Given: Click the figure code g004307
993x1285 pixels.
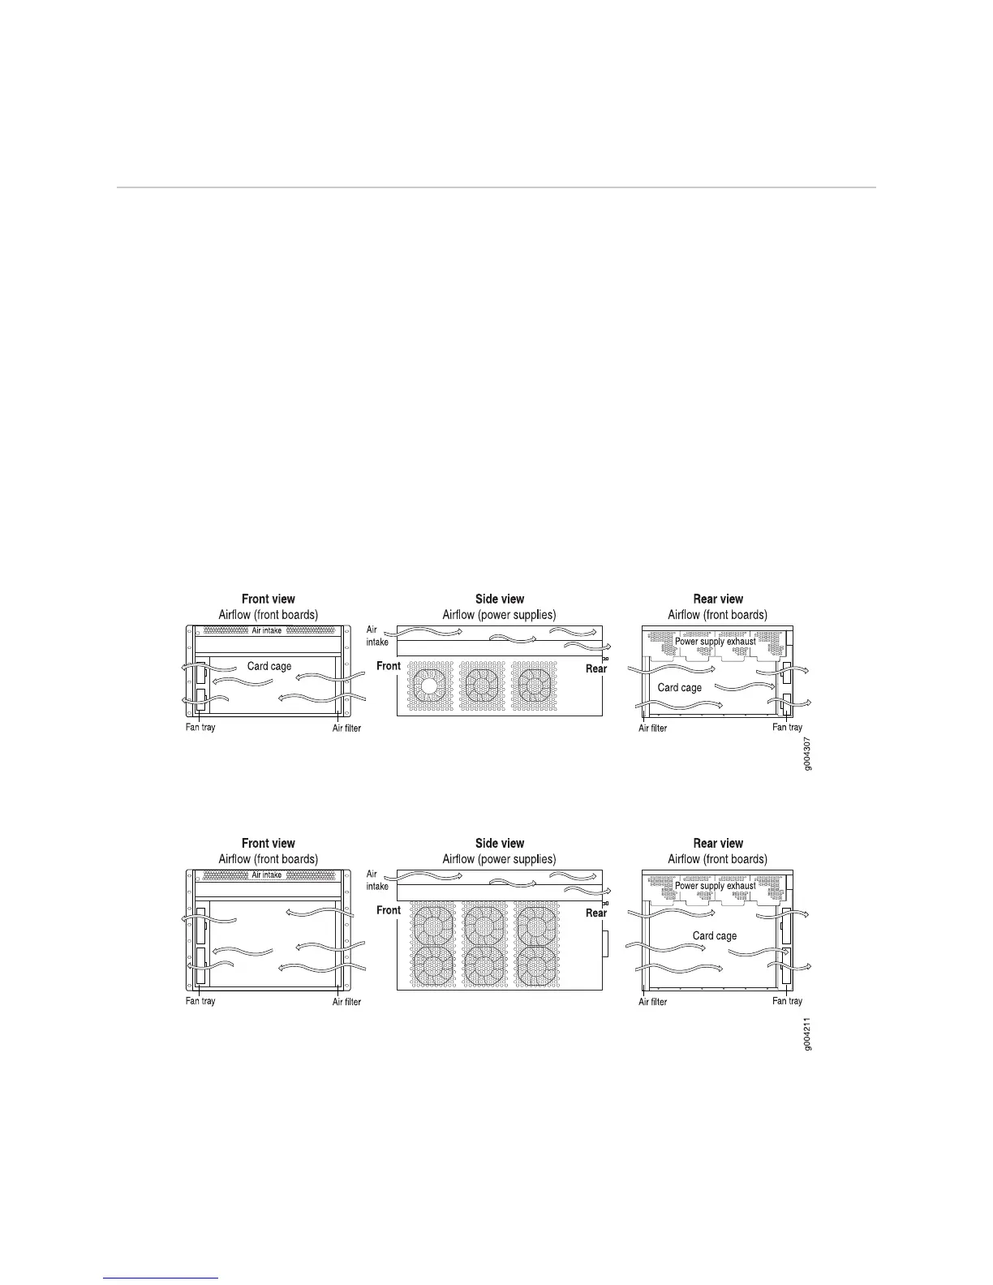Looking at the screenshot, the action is tap(807, 754).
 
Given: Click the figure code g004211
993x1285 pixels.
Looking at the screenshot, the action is tap(807, 1034).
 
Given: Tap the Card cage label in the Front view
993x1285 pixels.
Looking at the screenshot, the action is tap(269, 666).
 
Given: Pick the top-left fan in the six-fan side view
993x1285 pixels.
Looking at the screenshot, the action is tap(433, 926).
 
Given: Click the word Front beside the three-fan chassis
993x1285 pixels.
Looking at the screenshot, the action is tap(389, 666).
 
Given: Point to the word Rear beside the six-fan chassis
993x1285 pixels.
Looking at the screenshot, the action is tap(596, 913).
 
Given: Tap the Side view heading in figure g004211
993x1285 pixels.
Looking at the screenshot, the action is tap(500, 844).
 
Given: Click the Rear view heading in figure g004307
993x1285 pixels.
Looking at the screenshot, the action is tap(718, 600).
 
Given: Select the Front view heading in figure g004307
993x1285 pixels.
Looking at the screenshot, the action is tap(269, 600).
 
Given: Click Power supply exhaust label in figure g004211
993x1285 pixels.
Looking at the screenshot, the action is tap(716, 886).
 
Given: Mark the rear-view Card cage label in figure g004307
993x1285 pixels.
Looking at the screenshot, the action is tap(680, 687).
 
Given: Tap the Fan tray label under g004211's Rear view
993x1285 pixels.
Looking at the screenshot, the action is tap(787, 1001).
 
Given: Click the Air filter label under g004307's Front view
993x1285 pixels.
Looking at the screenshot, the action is tap(346, 728).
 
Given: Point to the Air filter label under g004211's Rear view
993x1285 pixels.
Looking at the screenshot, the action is tap(653, 1002).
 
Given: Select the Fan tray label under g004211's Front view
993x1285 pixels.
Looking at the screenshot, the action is tap(200, 1001).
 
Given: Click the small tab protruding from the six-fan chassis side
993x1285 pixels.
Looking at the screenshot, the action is tap(606, 944).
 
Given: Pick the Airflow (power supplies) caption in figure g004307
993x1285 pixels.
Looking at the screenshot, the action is tap(499, 615).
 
